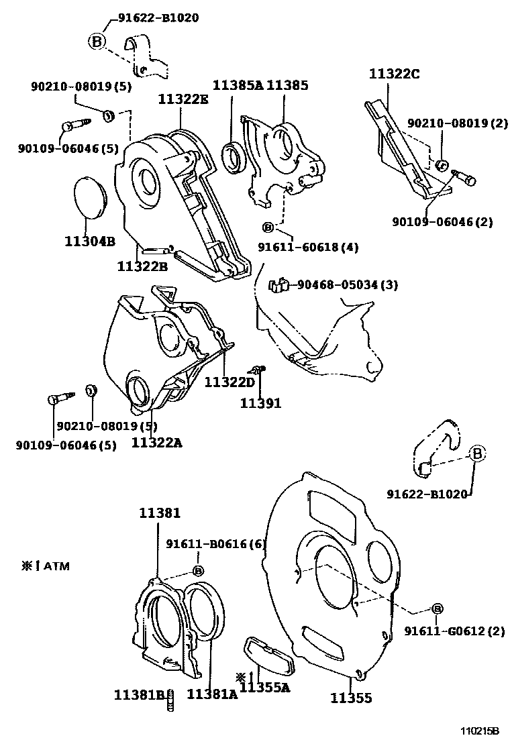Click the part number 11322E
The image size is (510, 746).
[x=183, y=99]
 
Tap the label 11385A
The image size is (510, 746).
[x=238, y=85]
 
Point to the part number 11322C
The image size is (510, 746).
[x=394, y=74]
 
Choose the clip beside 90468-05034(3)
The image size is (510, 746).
[x=278, y=286]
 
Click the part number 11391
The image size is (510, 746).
[x=261, y=403]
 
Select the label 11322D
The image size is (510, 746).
[x=230, y=382]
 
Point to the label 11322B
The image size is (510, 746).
[x=142, y=266]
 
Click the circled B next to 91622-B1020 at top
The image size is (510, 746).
[x=97, y=42]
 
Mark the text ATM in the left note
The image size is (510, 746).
[x=57, y=566]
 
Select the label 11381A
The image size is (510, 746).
[x=212, y=694]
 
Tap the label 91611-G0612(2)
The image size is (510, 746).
[x=454, y=631]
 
